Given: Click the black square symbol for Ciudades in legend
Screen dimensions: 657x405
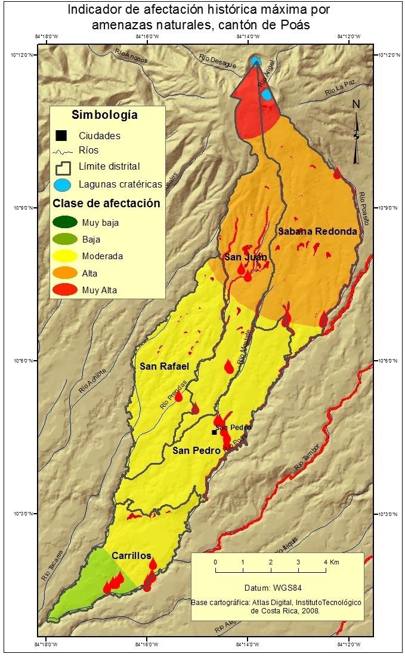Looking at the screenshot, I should click(x=62, y=136).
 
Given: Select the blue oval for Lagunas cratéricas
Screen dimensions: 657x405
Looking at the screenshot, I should click(x=64, y=184).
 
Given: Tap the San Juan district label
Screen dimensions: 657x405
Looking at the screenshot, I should click(x=245, y=257).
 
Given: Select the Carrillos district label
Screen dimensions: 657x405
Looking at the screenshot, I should click(x=131, y=555).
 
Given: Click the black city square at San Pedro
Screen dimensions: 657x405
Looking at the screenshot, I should click(x=214, y=432).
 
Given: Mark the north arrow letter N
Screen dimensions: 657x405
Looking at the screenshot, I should click(x=356, y=104).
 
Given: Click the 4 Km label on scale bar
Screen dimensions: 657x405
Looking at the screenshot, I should click(x=331, y=563).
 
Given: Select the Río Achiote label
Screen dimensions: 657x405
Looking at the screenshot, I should click(x=92, y=380).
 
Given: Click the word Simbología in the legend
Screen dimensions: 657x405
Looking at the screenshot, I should click(x=104, y=115).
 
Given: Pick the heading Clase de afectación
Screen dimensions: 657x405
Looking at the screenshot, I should click(x=106, y=203).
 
